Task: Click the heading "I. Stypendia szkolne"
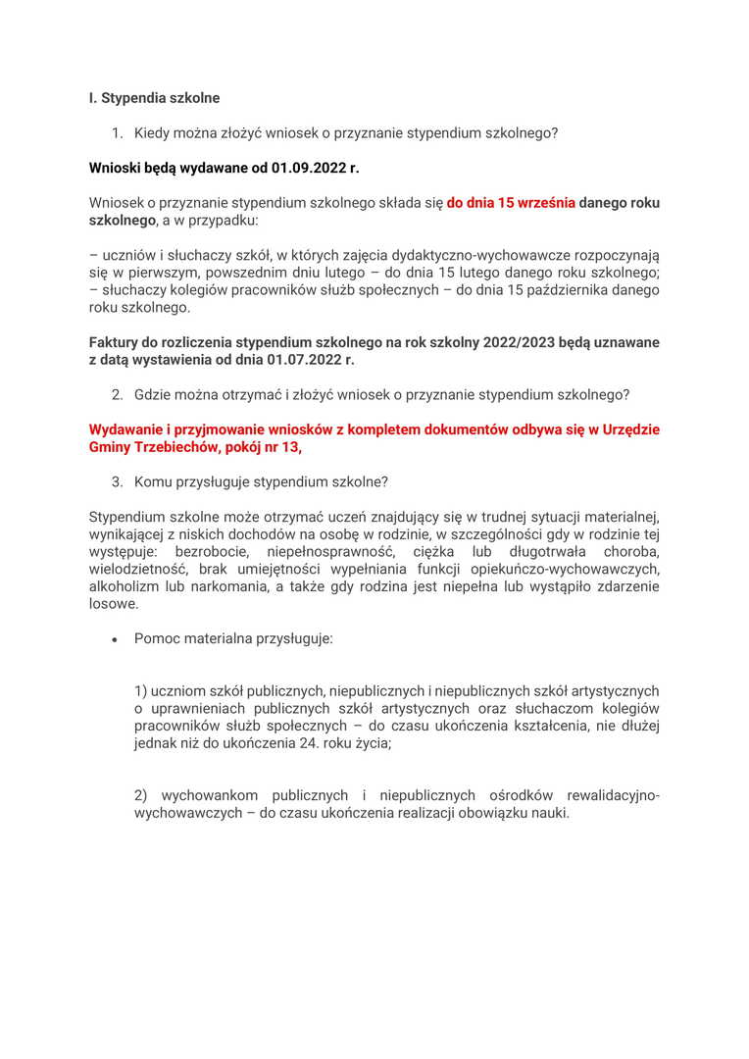154,98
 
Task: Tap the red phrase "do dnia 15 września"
511,203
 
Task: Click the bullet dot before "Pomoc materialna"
115,639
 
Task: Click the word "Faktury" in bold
116,342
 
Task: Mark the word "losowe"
114,604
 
